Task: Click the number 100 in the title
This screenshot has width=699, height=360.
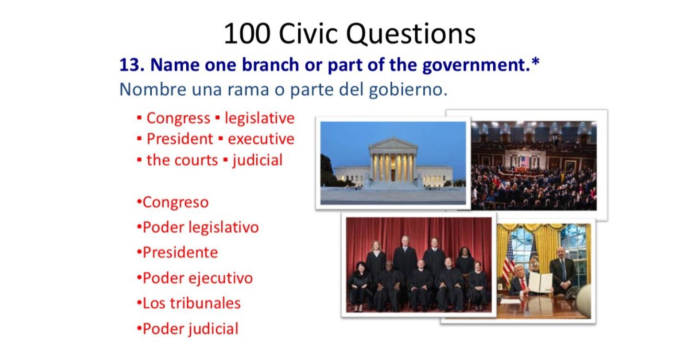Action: point(247,34)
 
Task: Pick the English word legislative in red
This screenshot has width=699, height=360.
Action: point(259,118)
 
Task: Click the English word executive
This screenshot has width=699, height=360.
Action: point(261,139)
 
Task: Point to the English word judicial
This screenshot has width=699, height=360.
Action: point(258,160)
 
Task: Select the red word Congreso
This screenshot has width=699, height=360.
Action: point(175,202)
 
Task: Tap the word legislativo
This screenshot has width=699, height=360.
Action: point(225,227)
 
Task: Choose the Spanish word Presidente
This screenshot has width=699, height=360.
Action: point(180,252)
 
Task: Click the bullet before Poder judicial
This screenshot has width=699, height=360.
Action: point(139,328)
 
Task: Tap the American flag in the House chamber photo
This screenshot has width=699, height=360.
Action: point(524,161)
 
